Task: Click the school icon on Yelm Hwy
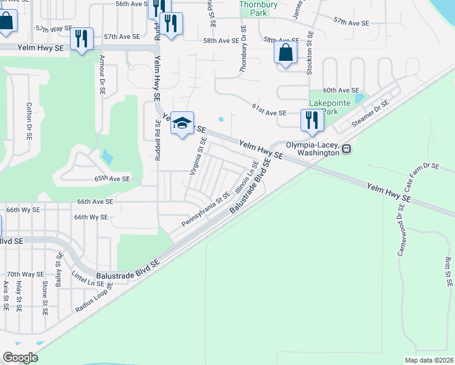click(182, 123)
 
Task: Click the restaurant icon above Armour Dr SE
click(81, 39)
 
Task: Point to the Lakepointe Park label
click(330, 107)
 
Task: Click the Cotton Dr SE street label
click(29, 120)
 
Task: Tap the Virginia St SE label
click(196, 156)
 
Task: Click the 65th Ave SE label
click(112, 179)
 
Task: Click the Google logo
click(20, 358)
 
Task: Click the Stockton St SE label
click(310, 54)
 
